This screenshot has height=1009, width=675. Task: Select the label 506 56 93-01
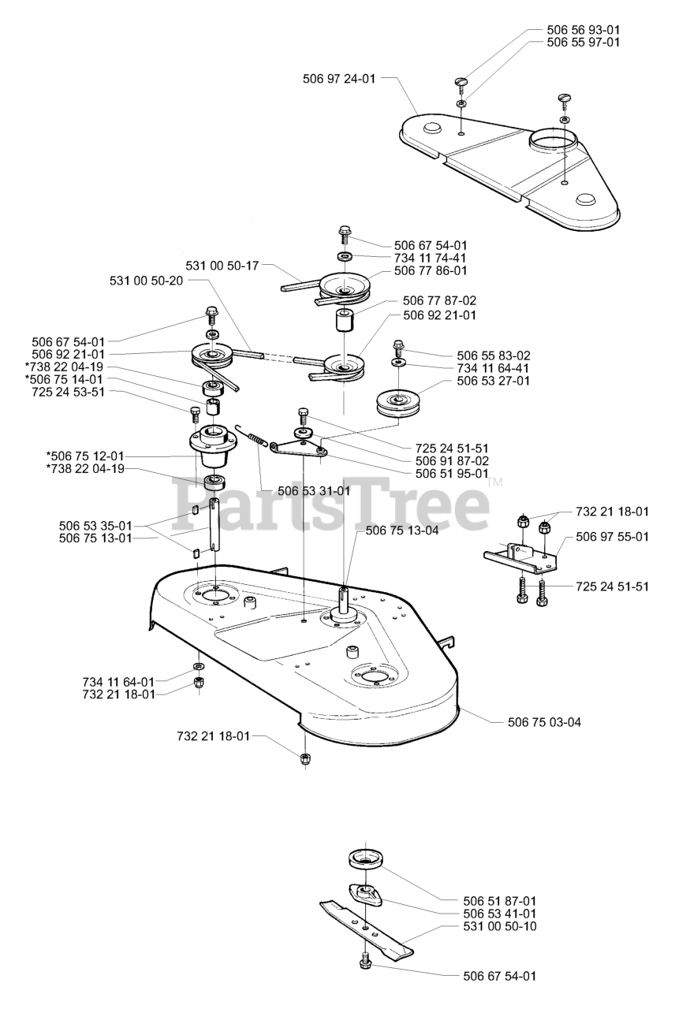pyautogui.click(x=583, y=29)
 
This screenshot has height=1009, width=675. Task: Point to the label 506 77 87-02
pyautogui.click(x=439, y=300)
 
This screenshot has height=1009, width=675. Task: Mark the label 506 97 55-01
pyautogui.click(x=612, y=537)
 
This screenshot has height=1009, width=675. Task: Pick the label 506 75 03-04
pyautogui.click(x=543, y=722)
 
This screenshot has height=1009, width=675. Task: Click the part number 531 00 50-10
pyautogui.click(x=500, y=925)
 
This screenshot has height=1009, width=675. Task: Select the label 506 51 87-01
pyautogui.click(x=500, y=899)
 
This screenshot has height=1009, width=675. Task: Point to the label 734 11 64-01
pyautogui.click(x=118, y=680)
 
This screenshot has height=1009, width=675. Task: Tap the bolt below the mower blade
pyautogui.click(x=366, y=962)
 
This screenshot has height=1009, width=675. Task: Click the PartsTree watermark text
pyautogui.click(x=331, y=497)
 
